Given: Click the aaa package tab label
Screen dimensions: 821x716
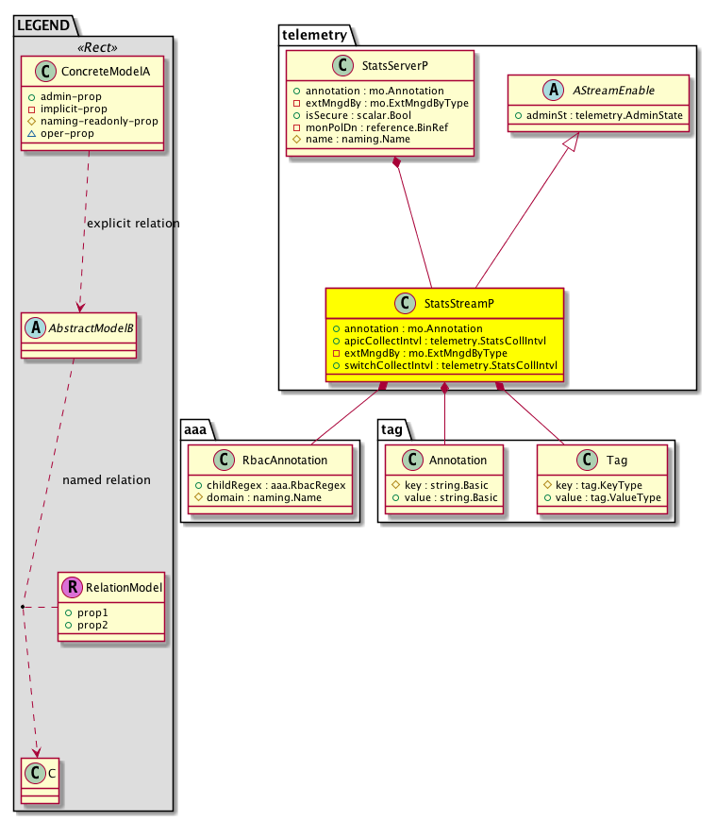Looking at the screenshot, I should (x=197, y=428).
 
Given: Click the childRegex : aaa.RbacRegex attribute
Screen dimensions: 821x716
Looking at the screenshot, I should (x=272, y=484).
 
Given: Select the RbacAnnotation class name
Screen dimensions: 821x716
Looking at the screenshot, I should (x=285, y=461).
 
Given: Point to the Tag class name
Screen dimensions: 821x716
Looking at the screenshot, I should (x=616, y=461).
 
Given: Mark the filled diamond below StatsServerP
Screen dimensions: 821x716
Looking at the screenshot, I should (x=399, y=165).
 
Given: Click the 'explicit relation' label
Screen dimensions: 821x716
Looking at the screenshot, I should (x=132, y=224).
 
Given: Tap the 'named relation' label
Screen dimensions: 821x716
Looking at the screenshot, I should (x=106, y=480).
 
